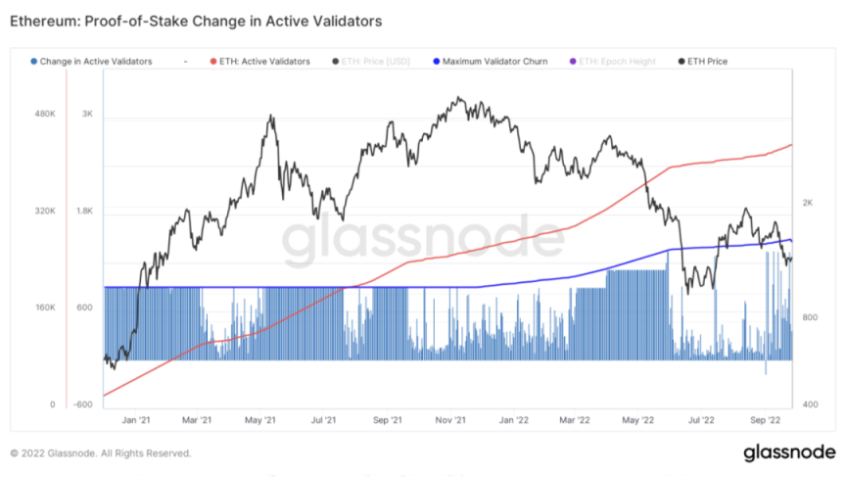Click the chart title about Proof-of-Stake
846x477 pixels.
[x=196, y=20]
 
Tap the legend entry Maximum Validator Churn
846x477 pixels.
[x=494, y=62]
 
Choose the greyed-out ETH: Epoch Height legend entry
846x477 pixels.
[x=618, y=62]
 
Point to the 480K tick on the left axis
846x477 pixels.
[x=45, y=115]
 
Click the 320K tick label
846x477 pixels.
[x=45, y=211]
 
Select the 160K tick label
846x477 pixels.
[x=45, y=308]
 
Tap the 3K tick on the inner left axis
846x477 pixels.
[x=86, y=115]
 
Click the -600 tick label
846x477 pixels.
[x=82, y=405]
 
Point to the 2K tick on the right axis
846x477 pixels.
[x=808, y=203]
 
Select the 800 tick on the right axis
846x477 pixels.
[x=810, y=318]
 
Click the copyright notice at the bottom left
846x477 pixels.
[x=101, y=453]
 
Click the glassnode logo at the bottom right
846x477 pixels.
[x=788, y=453]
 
